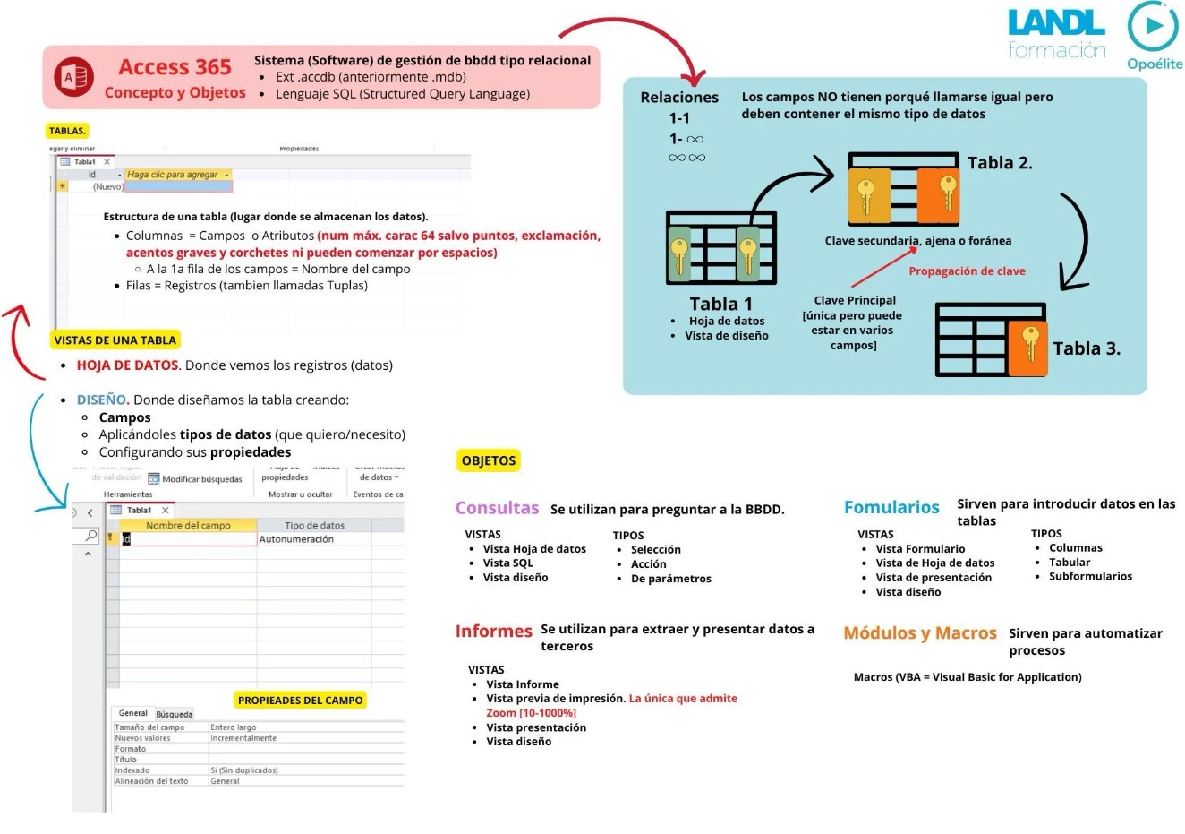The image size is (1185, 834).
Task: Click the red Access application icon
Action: click(x=74, y=78)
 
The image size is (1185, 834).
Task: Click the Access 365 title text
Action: click(x=175, y=67)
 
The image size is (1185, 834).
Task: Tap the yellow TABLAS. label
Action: click(x=67, y=131)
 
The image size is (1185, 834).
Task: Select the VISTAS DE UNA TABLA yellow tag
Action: click(x=115, y=340)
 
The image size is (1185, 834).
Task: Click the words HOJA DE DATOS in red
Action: click(x=127, y=365)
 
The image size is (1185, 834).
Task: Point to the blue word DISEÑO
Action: click(x=102, y=400)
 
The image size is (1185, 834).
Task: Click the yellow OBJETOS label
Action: click(x=489, y=461)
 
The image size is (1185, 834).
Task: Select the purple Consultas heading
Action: click(x=497, y=509)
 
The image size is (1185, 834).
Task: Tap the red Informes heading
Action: click(x=493, y=631)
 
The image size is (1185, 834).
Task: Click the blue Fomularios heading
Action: click(x=891, y=508)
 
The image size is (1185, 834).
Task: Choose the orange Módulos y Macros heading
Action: click(x=919, y=633)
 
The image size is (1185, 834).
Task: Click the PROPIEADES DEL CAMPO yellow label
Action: click(x=300, y=701)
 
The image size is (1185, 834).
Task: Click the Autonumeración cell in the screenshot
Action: click(x=296, y=540)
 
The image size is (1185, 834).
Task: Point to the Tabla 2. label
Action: click(x=1000, y=163)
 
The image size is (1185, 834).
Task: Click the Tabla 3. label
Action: click(x=1086, y=349)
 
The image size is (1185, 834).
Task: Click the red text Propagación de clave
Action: click(x=967, y=271)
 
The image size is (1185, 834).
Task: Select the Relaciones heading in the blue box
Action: click(x=679, y=98)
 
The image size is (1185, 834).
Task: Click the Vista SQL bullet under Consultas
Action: click(x=507, y=563)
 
